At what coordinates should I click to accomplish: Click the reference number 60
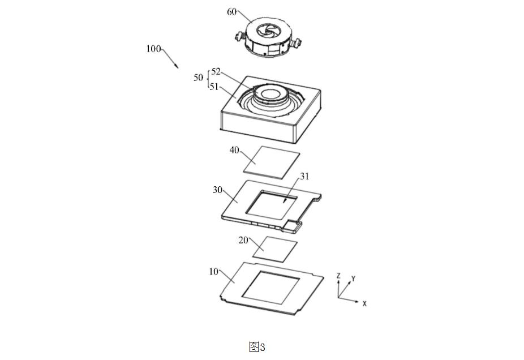coord(231,12)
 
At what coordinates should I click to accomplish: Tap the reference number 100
coord(153,49)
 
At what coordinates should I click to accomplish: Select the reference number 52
coord(216,71)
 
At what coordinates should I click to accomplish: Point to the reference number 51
coord(214,87)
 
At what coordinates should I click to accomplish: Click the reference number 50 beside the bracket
coord(198,78)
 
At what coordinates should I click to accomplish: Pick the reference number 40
coord(234,150)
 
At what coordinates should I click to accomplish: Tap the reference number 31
coord(304,176)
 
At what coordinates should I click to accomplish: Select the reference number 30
coord(217,190)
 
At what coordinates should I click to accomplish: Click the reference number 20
coord(243,240)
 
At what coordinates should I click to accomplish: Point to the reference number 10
coord(213,272)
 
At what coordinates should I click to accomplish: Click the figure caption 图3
coord(257,347)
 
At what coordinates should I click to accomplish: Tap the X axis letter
coord(364,304)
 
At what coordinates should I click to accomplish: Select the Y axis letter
coord(353,278)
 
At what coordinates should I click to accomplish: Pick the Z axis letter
coord(338,276)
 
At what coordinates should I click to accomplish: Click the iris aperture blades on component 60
coord(267,31)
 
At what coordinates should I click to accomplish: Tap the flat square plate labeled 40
coord(272,162)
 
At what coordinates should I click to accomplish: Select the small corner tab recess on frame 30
coord(292,226)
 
